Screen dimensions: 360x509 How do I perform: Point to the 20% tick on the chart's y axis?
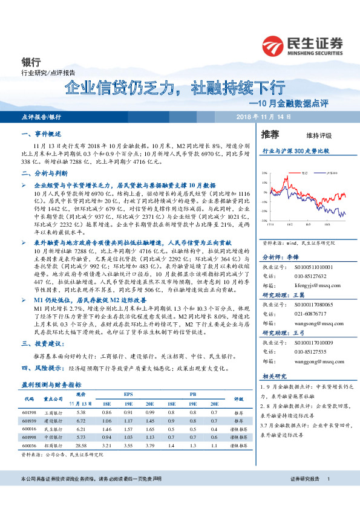264,173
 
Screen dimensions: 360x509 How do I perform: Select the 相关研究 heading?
273,375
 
